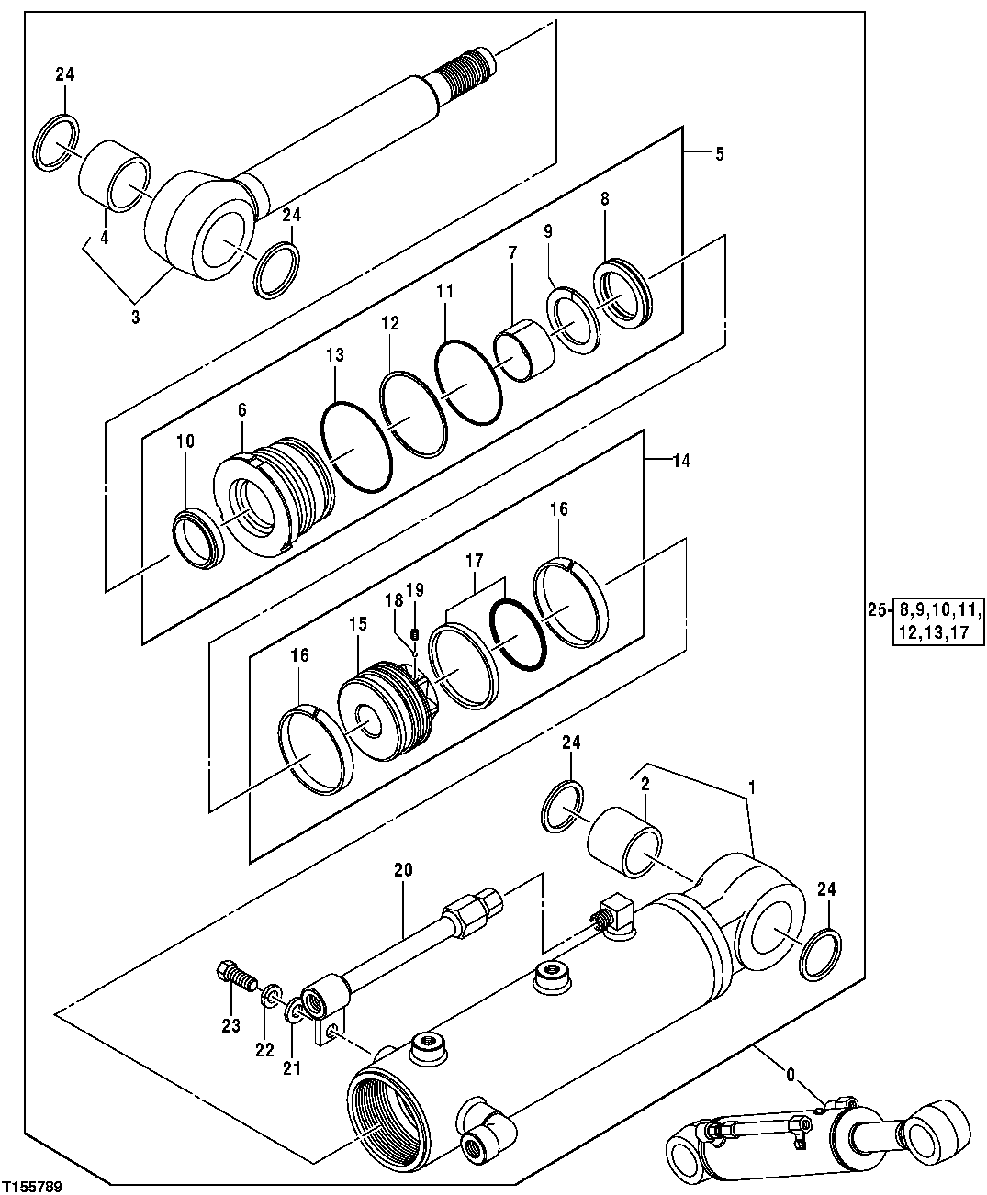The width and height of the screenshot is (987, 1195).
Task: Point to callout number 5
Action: (718, 154)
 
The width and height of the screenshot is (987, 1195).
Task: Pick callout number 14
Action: (679, 462)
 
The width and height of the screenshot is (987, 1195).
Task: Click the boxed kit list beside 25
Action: (937, 621)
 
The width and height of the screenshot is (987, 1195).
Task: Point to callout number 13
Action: (334, 354)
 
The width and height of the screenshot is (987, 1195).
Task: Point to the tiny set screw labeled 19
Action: (414, 634)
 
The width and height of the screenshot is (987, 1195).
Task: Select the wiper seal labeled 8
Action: (623, 295)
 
